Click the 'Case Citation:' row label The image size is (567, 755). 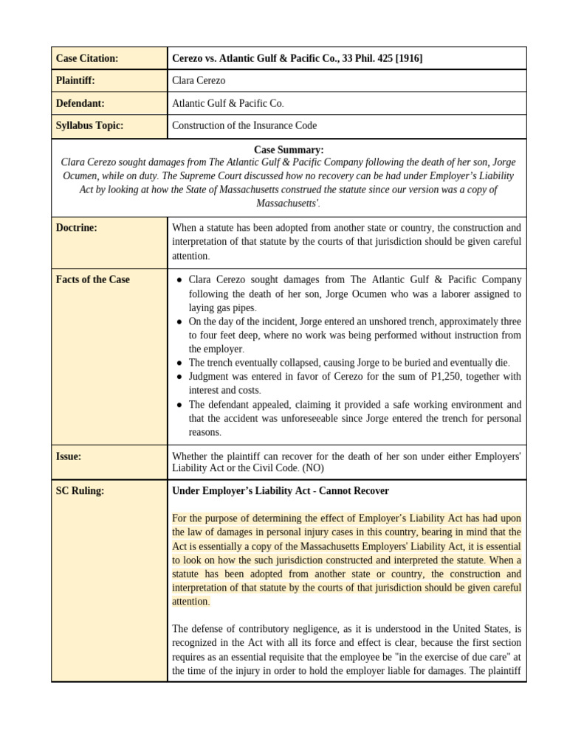point(87,58)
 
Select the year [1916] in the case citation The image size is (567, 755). point(409,58)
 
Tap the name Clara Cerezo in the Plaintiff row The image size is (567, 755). point(199,81)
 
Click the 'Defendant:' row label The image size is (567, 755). point(80,104)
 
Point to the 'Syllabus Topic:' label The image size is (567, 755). point(89,126)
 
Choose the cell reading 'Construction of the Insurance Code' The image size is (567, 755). point(244,126)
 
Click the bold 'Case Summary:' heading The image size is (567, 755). point(289,150)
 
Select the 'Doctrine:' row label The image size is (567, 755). point(77,228)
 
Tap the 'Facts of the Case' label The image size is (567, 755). point(92,279)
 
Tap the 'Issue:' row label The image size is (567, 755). point(69,456)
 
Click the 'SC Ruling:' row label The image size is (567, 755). point(80,491)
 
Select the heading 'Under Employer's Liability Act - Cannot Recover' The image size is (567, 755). point(280,491)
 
